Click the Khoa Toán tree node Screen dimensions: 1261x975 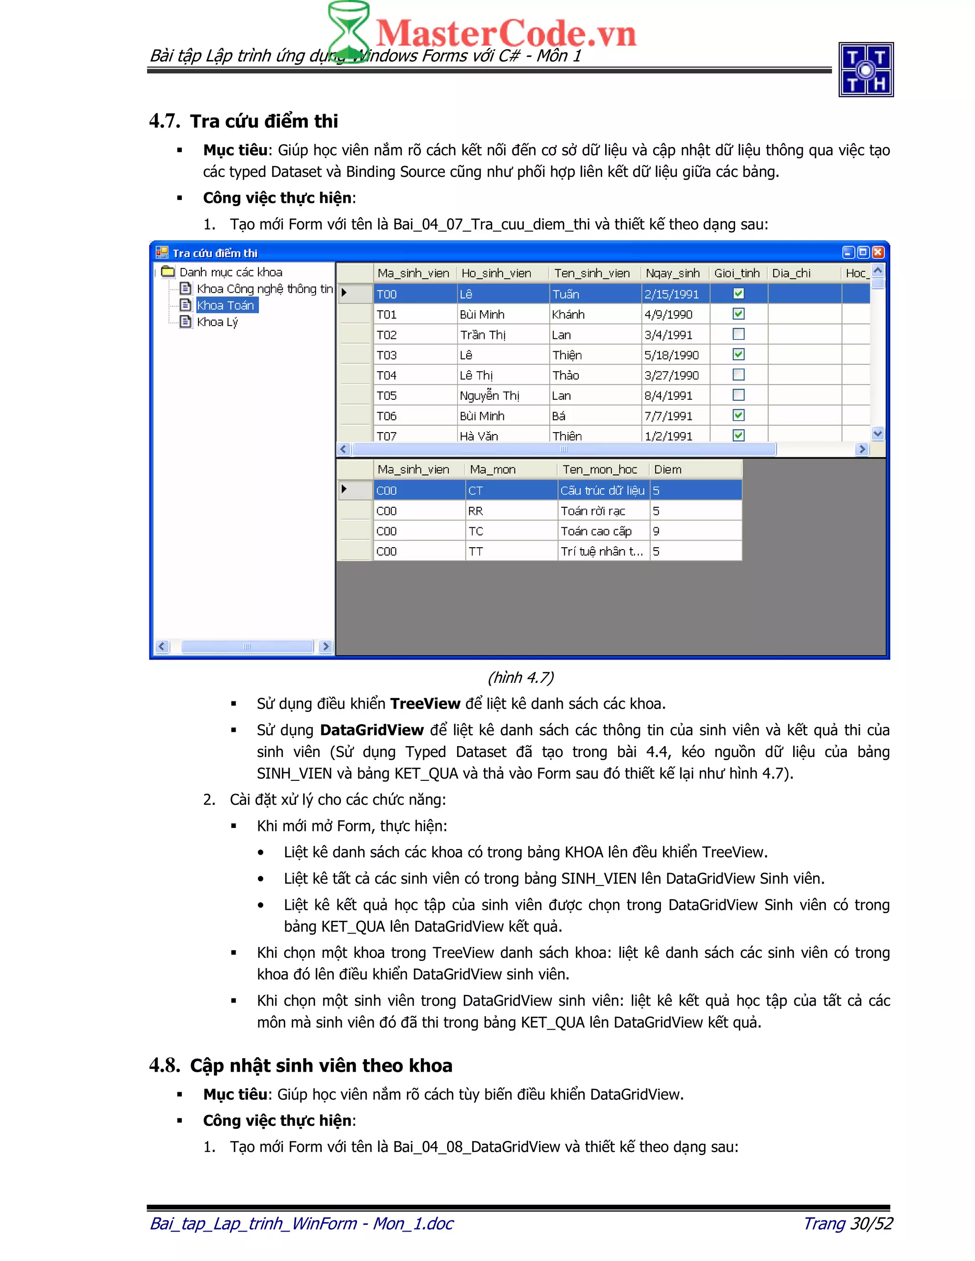(225, 305)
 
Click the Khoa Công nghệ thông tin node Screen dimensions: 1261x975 (264, 289)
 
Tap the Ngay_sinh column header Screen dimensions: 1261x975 (672, 273)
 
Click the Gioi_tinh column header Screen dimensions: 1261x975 (736, 273)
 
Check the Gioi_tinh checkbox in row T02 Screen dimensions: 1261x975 (738, 335)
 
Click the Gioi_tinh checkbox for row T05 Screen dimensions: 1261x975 (738, 395)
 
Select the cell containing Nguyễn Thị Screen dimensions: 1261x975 (489, 395)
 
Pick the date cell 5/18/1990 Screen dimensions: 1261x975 (671, 355)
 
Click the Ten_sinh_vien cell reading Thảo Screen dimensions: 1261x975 (566, 375)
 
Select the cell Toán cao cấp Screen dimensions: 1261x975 (596, 531)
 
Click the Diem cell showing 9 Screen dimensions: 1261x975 (656, 531)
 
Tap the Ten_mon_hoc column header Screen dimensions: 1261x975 (599, 469)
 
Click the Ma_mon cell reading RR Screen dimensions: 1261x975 (476, 511)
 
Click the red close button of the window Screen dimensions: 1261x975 (878, 252)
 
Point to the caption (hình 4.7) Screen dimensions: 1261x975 (520, 677)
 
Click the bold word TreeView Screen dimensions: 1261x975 (425, 704)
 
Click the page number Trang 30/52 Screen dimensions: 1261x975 (848, 1223)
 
